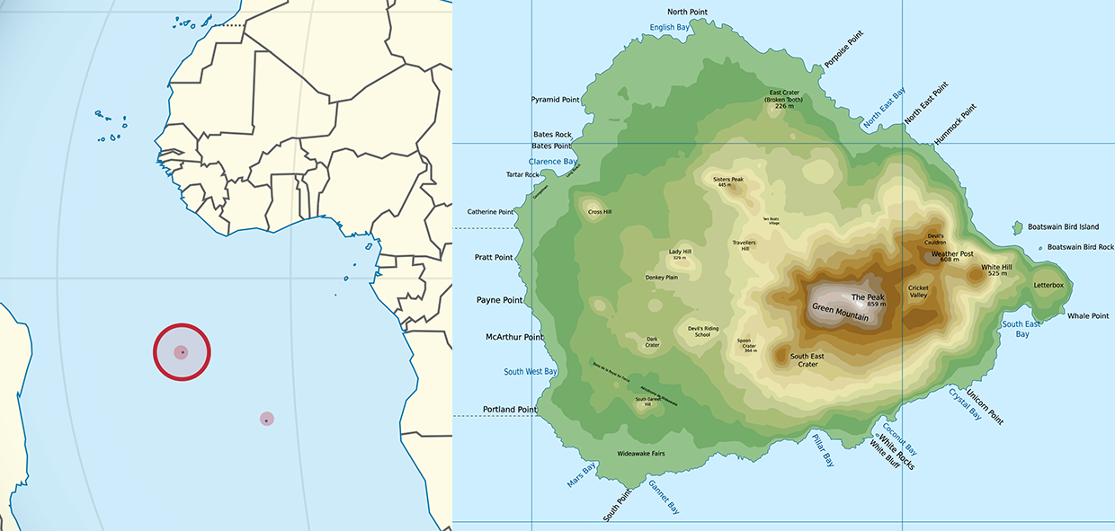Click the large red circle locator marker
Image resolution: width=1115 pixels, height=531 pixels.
click(x=182, y=351)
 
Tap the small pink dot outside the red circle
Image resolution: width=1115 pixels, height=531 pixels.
click(x=266, y=419)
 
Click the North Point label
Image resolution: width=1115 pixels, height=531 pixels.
click(x=688, y=12)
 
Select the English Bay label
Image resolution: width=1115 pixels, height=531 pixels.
click(x=670, y=28)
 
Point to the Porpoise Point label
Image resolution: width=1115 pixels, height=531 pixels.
click(x=843, y=50)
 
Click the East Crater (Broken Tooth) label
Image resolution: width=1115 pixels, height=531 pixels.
click(x=784, y=99)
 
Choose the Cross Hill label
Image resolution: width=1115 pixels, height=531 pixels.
click(x=600, y=213)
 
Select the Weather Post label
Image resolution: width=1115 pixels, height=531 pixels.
click(x=951, y=254)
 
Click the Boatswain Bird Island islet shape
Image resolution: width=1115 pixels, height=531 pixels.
click(x=1018, y=228)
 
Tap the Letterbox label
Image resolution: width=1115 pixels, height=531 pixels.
click(x=1048, y=286)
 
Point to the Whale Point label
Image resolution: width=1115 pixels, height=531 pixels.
click(x=1088, y=316)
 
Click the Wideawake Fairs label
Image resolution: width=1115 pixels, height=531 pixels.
click(x=640, y=454)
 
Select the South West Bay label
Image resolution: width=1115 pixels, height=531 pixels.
click(x=531, y=372)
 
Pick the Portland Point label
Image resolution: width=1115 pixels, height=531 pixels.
click(x=510, y=410)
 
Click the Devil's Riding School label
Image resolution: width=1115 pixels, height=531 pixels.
click(x=703, y=332)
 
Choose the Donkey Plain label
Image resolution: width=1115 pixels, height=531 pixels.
click(x=661, y=278)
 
